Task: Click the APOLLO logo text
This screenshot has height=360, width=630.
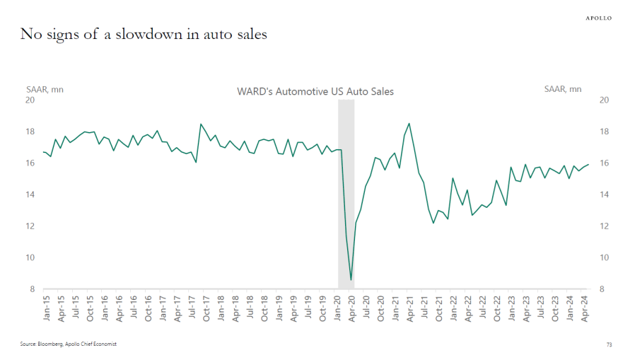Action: tap(598, 18)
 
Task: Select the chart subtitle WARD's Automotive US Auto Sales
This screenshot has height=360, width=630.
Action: tap(315, 91)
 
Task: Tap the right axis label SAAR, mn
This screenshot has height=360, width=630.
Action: tap(563, 89)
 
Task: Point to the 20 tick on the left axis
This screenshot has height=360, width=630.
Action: tap(30, 100)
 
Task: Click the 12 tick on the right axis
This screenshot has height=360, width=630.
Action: tap(604, 226)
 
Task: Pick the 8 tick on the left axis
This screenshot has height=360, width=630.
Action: tap(32, 289)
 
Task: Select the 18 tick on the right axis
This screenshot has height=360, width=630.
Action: tap(604, 132)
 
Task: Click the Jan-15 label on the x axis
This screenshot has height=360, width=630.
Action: tap(46, 308)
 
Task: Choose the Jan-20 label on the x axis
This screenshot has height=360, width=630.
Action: tap(337, 308)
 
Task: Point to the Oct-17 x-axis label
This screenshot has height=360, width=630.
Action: tap(206, 308)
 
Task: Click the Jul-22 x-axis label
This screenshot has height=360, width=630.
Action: tap(483, 308)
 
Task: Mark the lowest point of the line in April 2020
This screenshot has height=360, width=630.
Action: tap(351, 280)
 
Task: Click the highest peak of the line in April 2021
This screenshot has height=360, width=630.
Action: tap(409, 124)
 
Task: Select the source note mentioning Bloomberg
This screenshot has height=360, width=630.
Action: tap(68, 344)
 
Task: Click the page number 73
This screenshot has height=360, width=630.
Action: tap(608, 344)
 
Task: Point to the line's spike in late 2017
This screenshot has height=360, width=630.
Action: tap(202, 124)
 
